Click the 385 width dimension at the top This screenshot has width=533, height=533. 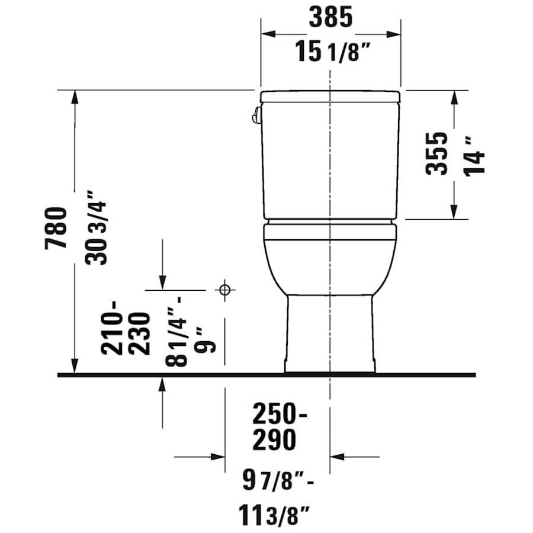click(x=330, y=18)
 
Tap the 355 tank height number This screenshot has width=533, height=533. click(x=438, y=153)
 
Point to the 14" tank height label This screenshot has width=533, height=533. click(x=475, y=155)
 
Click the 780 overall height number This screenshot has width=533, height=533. click(x=56, y=228)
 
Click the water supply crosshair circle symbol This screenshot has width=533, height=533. click(x=224, y=290)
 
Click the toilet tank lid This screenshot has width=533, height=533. click(x=330, y=96)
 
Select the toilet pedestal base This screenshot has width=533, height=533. click(x=330, y=335)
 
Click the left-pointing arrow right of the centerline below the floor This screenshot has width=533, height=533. click(x=336, y=457)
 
